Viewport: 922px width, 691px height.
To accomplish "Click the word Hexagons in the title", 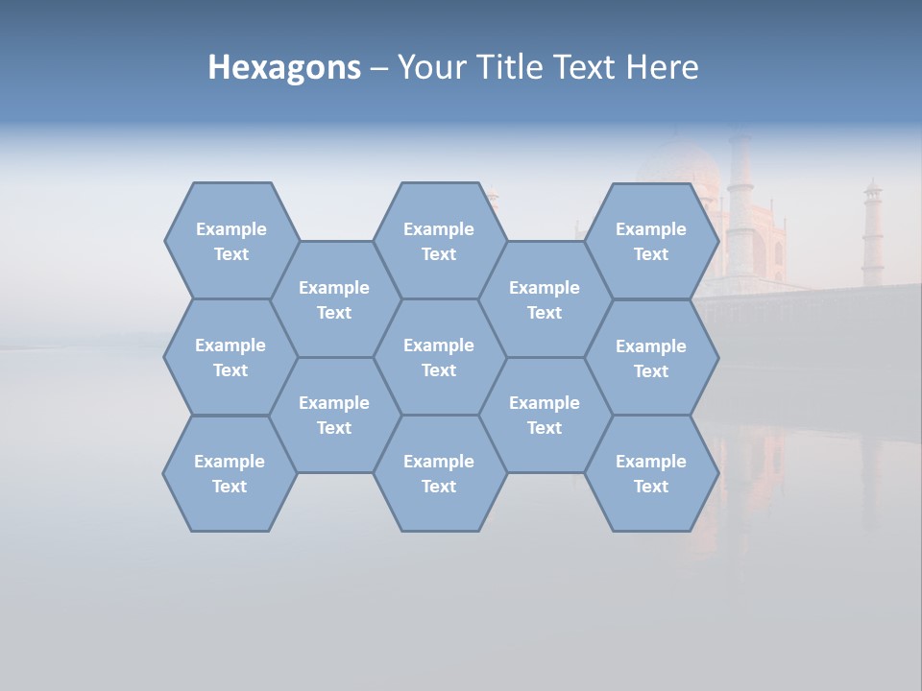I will (284, 67).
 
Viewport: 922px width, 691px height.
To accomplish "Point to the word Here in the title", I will (662, 67).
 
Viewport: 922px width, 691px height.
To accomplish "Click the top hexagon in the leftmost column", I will (230, 241).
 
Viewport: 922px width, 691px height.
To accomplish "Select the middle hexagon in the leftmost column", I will (230, 357).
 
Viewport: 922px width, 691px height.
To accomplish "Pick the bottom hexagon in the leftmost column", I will (230, 473).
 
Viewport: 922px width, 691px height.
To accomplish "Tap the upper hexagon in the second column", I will (334, 299).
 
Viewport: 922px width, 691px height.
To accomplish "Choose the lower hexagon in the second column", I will (334, 415).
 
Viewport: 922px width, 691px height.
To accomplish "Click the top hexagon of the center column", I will (439, 241).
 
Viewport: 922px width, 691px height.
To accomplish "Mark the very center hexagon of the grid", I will (439, 357).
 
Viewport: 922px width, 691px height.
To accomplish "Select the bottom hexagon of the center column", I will (439, 473).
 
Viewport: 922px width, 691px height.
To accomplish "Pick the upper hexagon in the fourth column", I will (545, 299).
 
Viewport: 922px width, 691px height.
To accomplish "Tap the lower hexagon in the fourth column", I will (545, 415).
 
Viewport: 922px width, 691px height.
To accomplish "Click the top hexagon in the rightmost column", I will (651, 241).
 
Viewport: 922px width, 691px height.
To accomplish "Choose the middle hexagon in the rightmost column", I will (651, 358).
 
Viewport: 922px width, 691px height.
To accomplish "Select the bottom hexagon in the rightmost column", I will (651, 473).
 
